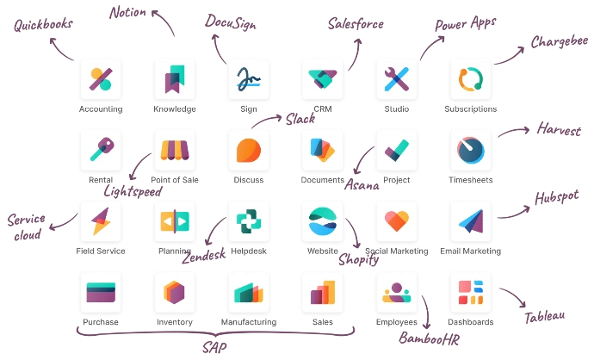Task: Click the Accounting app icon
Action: (x=101, y=79)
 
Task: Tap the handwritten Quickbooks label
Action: (x=43, y=24)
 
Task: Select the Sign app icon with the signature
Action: (x=249, y=79)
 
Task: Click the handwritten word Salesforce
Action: (x=356, y=24)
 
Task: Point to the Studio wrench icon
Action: (x=397, y=79)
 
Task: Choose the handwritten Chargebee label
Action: (x=560, y=41)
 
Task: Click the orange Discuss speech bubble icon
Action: (x=249, y=151)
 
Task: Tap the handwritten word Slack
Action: (x=300, y=119)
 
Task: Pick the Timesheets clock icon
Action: (x=471, y=151)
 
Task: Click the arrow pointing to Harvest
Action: (x=514, y=131)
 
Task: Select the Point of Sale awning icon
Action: (x=175, y=151)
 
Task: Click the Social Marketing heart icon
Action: (x=397, y=221)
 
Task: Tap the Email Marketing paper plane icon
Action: (x=471, y=221)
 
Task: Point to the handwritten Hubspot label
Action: (x=556, y=197)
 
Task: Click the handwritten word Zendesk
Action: (x=204, y=256)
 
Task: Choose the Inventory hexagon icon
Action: (x=175, y=293)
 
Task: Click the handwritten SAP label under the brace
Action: (x=214, y=347)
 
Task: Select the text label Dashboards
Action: (x=471, y=322)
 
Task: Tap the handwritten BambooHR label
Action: (x=430, y=338)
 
